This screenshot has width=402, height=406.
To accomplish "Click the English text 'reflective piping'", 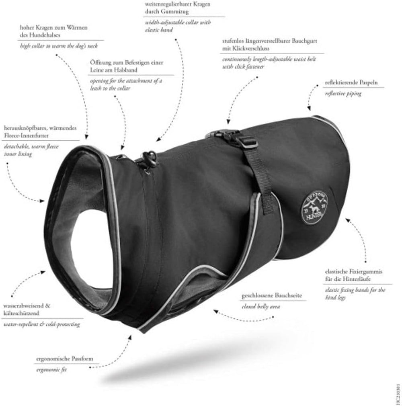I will tap(343, 93).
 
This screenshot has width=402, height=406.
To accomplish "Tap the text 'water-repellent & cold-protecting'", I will tap(40, 324).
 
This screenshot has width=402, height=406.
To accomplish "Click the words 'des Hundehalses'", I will tap(39, 35).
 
